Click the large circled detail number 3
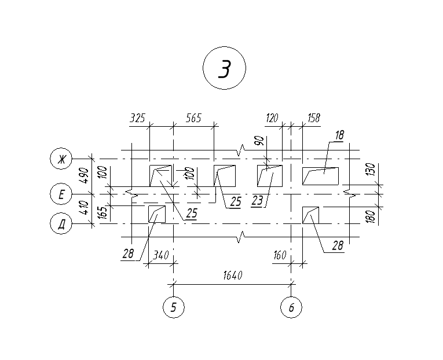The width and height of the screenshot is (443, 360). pos(224,68)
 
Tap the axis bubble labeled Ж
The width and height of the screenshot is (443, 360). pos(61,159)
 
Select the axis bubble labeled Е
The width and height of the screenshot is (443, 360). pos(61,194)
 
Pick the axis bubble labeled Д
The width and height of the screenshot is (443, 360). pos(61,223)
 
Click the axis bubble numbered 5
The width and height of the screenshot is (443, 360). pos(174,307)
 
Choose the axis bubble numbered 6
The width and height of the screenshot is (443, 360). pos(291,307)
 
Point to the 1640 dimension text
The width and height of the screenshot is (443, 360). pos(233,275)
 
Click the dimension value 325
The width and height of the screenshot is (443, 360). pos(137,117)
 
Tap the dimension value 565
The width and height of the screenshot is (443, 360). pos(193,117)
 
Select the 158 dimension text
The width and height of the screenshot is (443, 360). pos(314,117)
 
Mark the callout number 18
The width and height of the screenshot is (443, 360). pos(339,135)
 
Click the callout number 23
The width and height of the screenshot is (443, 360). pos(257,200)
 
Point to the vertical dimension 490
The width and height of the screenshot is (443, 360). pos(85,175)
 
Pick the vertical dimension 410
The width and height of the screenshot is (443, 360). pos(85,208)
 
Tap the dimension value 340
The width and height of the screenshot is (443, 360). pos(160,255)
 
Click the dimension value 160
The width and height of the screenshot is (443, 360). pos(280,255)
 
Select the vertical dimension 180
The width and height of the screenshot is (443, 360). pos(372,216)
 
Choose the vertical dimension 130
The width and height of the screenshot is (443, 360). pos(372,169)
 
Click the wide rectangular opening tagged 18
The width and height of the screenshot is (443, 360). pos(320,176)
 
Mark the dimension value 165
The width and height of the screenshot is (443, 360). pos(103,212)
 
